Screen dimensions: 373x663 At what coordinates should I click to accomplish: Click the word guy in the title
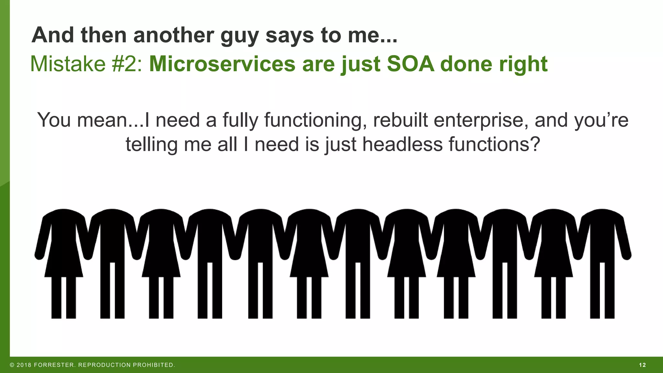click(239, 36)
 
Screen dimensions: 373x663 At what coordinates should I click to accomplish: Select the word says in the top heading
click(289, 36)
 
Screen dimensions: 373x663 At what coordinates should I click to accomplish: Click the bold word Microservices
click(222, 64)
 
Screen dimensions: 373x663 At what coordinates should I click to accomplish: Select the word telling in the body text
click(152, 145)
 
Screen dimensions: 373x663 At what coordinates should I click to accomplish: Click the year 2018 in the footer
click(24, 365)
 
